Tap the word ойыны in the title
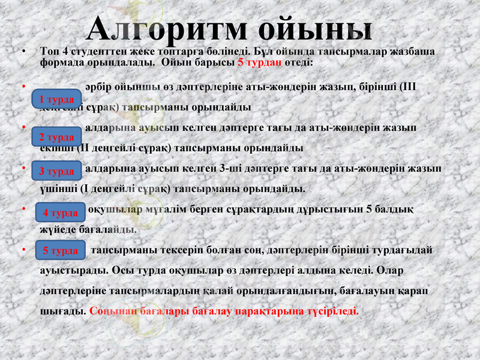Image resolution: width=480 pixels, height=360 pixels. [316, 29]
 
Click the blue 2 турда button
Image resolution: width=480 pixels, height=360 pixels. [56, 137]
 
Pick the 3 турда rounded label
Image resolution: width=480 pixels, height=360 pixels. [56, 171]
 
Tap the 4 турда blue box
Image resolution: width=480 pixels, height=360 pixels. [61, 213]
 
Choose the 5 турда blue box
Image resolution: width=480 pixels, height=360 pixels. [61, 250]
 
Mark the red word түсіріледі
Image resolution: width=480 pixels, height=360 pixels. [330, 311]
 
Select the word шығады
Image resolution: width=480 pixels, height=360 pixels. [62, 311]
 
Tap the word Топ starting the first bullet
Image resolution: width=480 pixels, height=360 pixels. [49, 52]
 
